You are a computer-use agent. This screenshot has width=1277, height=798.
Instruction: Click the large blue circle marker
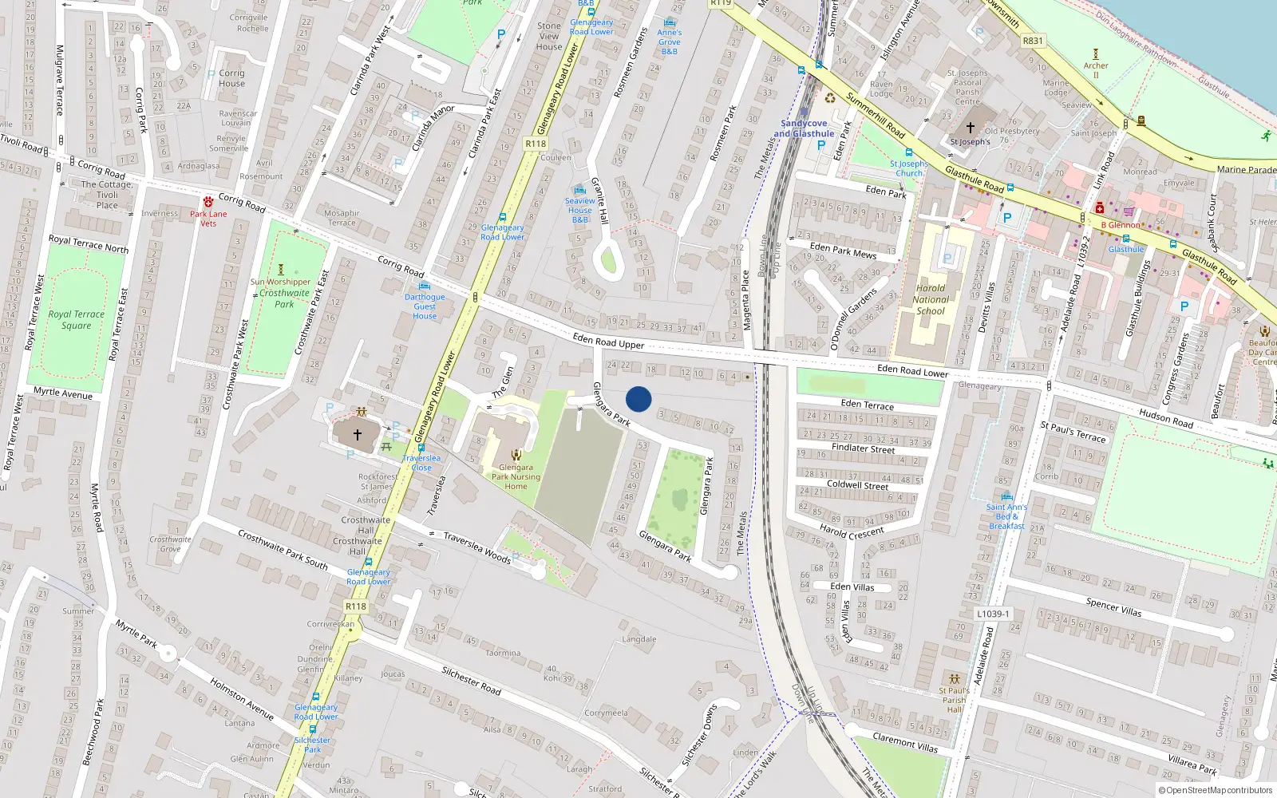coord(638,399)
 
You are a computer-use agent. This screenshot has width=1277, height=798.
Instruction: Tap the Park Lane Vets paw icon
coord(208,202)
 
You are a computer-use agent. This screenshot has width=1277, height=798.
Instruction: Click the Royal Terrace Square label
coord(76,319)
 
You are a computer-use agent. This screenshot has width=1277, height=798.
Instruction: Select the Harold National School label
coord(931,299)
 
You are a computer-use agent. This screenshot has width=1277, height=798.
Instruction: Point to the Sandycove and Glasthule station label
coord(804,128)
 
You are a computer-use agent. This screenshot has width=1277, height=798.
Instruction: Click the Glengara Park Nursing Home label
coord(516,476)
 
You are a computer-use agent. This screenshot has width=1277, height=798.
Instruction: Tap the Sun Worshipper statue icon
coord(280,270)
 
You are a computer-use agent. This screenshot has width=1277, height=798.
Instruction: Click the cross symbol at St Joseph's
coord(971,127)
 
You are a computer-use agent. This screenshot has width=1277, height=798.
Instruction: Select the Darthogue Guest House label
coord(425,306)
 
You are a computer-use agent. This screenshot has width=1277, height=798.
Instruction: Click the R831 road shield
coord(1033,41)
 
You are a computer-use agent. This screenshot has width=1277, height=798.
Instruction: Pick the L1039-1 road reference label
coord(993,614)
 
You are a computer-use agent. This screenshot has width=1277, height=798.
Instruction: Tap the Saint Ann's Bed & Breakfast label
coord(1006,516)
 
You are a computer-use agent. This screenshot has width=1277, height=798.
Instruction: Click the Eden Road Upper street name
coord(608,342)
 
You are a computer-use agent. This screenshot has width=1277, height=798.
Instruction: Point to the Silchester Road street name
coord(471,680)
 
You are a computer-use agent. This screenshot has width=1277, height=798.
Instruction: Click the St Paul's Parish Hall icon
coord(954,679)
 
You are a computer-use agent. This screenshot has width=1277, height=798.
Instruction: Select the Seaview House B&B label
coord(580,210)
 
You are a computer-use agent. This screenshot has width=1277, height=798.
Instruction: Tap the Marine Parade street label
coord(1246,169)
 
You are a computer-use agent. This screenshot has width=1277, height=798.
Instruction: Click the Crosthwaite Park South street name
coord(283,550)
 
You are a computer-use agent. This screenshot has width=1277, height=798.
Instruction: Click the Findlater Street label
coord(863,448)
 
